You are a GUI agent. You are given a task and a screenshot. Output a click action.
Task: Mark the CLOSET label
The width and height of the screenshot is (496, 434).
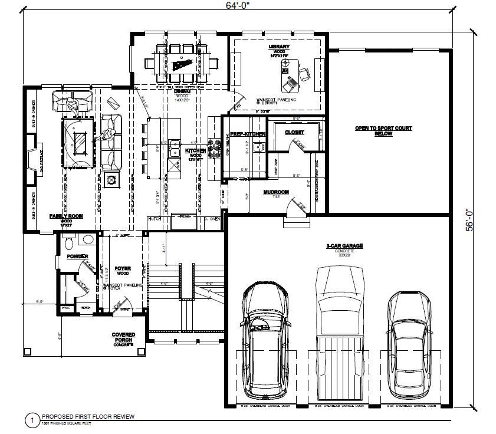pyautogui.click(x=294, y=133)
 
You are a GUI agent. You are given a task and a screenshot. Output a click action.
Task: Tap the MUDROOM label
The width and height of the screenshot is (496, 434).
pyautogui.click(x=275, y=192)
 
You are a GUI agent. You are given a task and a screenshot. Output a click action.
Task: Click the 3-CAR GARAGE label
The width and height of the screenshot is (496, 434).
pyautogui.click(x=344, y=245)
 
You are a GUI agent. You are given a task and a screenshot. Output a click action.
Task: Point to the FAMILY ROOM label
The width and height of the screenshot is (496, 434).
pyautogui.click(x=65, y=216)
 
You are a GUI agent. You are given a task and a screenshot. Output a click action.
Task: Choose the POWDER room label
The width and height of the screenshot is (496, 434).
pyautogui.click(x=77, y=257)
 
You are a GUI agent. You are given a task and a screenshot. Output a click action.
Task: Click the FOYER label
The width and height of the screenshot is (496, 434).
pyautogui.click(x=123, y=268)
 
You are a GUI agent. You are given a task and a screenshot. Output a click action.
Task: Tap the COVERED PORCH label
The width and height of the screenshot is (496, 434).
pyautogui.click(x=123, y=337)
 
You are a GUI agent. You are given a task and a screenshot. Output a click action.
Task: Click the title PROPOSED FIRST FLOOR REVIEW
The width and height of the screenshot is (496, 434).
pyautogui.click(x=87, y=417)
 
